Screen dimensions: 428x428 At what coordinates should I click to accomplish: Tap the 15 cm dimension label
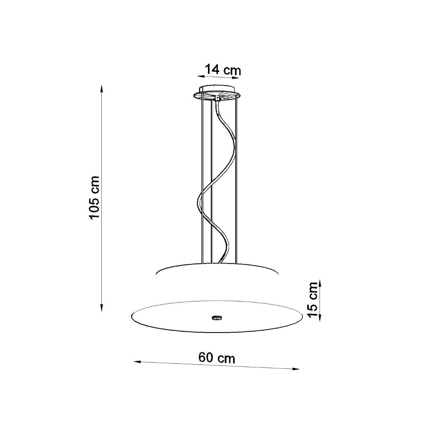pyautogui.click(x=313, y=300)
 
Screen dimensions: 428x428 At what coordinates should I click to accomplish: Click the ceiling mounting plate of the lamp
pyautogui.click(x=217, y=93)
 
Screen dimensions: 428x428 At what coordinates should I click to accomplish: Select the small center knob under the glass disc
pyautogui.click(x=216, y=316)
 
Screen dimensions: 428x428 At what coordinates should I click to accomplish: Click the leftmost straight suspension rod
pyautogui.click(x=202, y=178)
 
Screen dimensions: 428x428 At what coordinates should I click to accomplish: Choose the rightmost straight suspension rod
pyautogui.click(x=235, y=178)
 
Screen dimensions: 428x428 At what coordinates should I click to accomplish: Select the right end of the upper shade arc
pyautogui.click(x=277, y=273)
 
